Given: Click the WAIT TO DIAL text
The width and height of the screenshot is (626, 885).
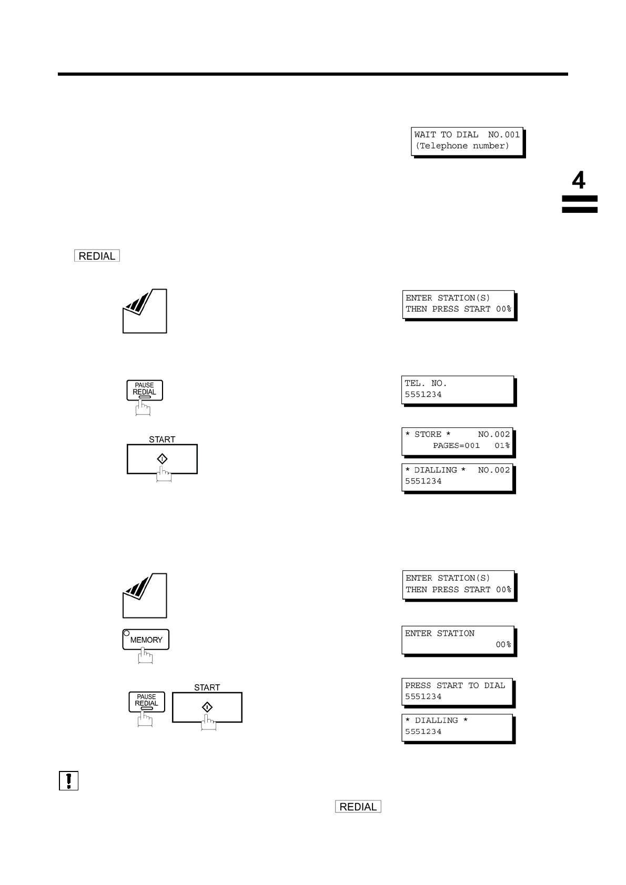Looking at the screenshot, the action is point(446,135).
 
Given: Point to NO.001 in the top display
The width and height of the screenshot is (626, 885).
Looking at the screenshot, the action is point(503,135).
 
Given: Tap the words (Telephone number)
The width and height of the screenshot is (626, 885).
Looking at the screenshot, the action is point(462,146).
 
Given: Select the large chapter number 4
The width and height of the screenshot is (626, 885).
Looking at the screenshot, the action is point(578,181).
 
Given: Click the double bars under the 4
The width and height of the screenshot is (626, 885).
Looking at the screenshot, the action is point(579,204).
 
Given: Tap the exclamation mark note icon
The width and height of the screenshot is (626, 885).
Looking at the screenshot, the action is point(68,780).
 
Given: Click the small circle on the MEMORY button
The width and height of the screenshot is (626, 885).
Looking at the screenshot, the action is point(126,633).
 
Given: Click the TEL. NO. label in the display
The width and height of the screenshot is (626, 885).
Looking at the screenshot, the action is point(426,384).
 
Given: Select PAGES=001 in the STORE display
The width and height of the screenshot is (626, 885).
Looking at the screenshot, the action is point(456,446).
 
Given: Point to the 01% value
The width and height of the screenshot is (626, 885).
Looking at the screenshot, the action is point(502,446).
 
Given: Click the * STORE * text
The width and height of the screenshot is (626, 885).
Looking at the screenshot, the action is point(428,435).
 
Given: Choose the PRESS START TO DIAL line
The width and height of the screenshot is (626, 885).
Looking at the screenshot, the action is point(455,685).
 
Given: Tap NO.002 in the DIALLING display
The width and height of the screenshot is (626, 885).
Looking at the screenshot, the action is point(494,470).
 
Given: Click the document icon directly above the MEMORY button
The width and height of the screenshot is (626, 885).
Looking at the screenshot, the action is point(145,595).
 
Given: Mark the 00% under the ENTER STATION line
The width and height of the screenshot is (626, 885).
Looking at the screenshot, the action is point(503,644).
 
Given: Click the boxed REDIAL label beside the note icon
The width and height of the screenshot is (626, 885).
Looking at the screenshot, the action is point(358,807).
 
